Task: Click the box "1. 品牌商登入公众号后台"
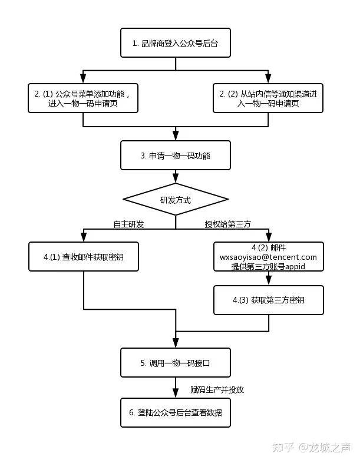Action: point(176,43)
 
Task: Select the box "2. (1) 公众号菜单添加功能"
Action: point(83,98)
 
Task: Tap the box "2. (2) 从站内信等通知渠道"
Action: point(268,98)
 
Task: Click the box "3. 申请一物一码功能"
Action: point(176,156)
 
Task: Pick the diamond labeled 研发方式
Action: point(176,200)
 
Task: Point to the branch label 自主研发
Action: point(128,224)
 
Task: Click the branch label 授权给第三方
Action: point(227,224)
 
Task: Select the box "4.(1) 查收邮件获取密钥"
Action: point(83,257)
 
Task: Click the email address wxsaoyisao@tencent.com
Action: point(268,257)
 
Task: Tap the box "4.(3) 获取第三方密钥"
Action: point(268,300)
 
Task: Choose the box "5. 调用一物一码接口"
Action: point(176,363)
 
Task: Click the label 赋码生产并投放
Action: point(217,389)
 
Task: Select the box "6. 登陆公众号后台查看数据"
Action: point(176,412)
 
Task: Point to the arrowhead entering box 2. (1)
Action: point(83,79)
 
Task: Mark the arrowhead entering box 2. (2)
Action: point(268,79)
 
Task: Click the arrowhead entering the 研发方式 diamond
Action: point(176,179)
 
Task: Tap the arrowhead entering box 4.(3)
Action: point(268,282)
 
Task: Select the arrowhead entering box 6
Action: point(176,395)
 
